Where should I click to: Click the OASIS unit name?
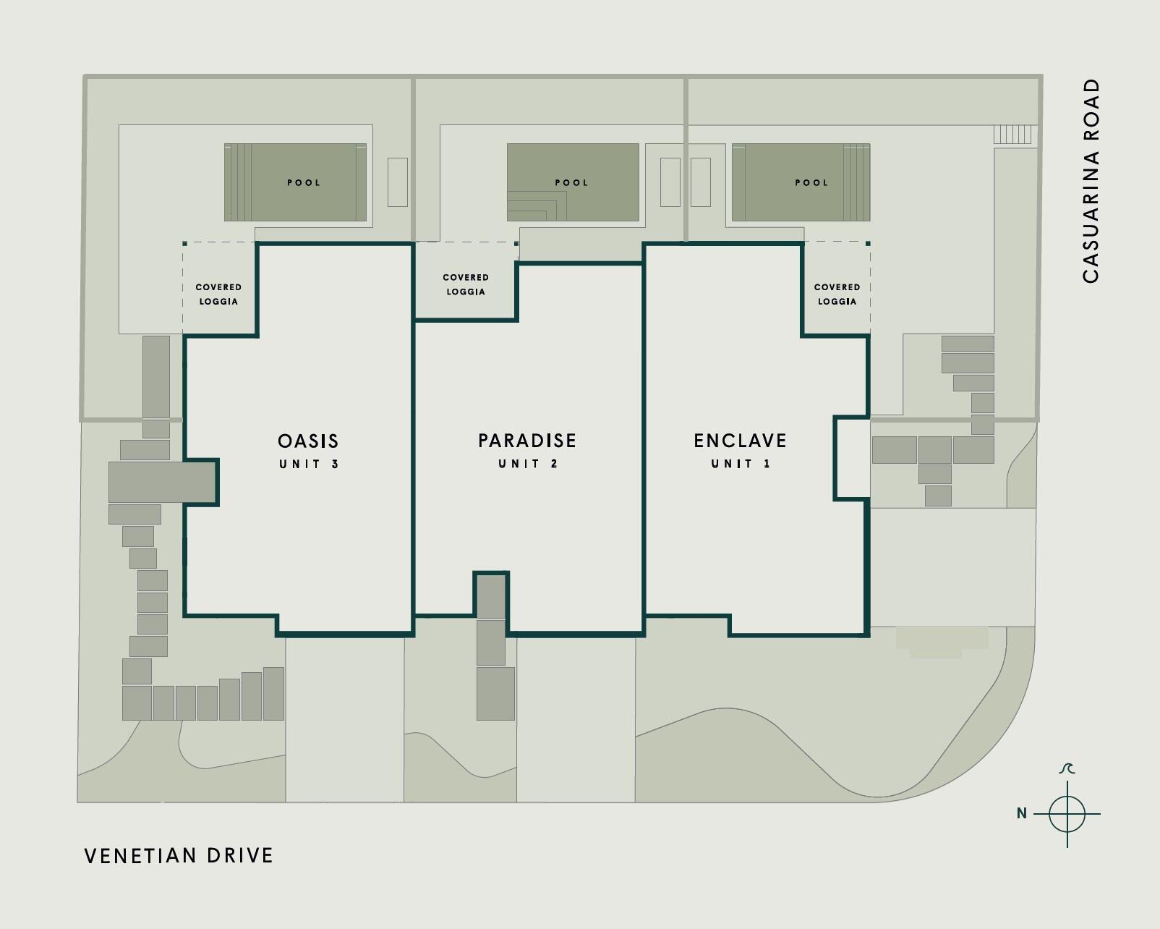(308, 441)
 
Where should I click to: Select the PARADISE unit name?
(527, 441)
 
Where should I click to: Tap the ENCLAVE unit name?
(740, 441)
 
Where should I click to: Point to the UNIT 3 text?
(309, 465)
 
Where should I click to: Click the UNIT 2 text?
(528, 464)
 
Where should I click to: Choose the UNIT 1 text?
(741, 464)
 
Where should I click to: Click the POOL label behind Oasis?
(304, 183)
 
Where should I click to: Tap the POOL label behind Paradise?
(571, 183)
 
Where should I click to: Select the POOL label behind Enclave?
(811, 183)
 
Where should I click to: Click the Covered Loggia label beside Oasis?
(218, 294)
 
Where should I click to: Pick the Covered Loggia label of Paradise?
(466, 284)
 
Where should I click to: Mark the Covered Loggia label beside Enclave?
(837, 294)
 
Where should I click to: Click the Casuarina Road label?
(1091, 181)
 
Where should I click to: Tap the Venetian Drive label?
(179, 856)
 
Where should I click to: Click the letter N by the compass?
(1021, 814)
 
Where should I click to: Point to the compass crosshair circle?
(1067, 814)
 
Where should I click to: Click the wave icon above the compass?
(1067, 768)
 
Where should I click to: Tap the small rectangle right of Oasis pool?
(397, 182)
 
